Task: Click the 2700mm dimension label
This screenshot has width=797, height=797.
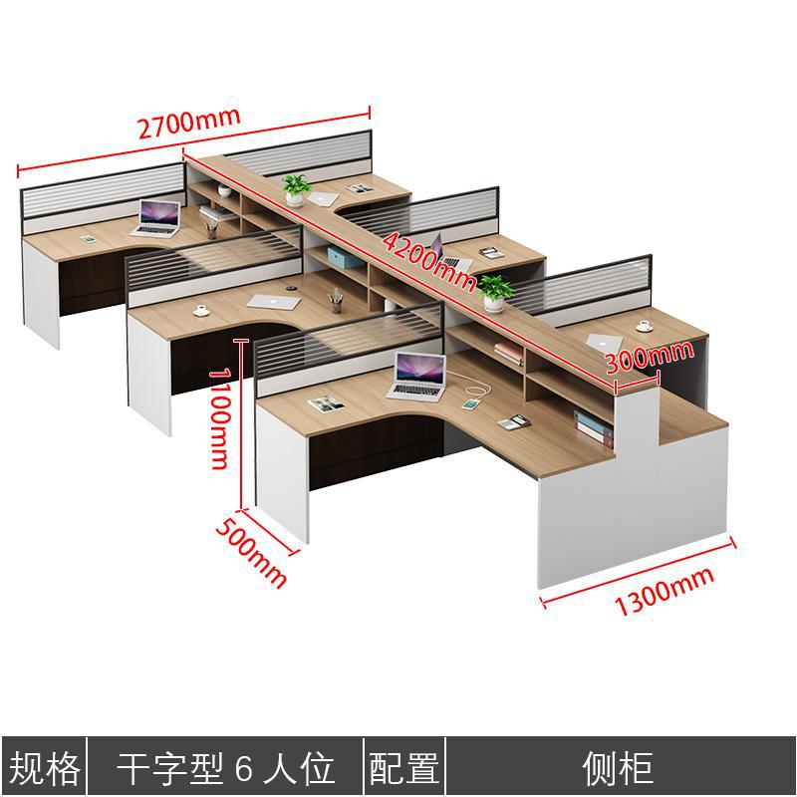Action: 189,122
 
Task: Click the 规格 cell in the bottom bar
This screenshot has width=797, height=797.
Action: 45,768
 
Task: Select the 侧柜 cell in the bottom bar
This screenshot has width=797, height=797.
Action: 618,768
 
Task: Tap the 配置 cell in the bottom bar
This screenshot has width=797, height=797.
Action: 404,768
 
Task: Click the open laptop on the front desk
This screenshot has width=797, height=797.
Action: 418,376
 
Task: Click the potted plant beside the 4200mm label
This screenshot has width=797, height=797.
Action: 493,293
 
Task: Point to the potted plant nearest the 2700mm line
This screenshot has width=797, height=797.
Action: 296,187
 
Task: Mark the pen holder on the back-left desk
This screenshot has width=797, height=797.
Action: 211,230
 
